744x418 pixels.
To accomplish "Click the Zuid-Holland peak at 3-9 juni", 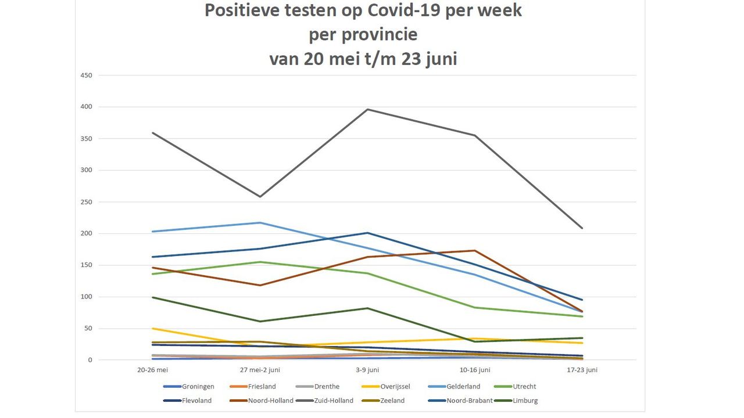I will [368, 109].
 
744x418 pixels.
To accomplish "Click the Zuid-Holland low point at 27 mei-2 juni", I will [260, 197].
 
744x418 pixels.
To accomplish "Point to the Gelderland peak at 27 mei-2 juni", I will [260, 222].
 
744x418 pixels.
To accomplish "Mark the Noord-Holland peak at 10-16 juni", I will [475, 251].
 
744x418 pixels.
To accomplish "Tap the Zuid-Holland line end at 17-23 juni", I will [582, 228].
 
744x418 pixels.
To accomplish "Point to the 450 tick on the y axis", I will [87, 75].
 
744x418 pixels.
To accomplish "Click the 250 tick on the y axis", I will [87, 202].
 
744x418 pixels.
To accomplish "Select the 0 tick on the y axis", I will [90, 360].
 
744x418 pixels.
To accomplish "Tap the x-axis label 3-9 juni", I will [367, 370].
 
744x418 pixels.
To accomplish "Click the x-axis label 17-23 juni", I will [582, 370].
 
